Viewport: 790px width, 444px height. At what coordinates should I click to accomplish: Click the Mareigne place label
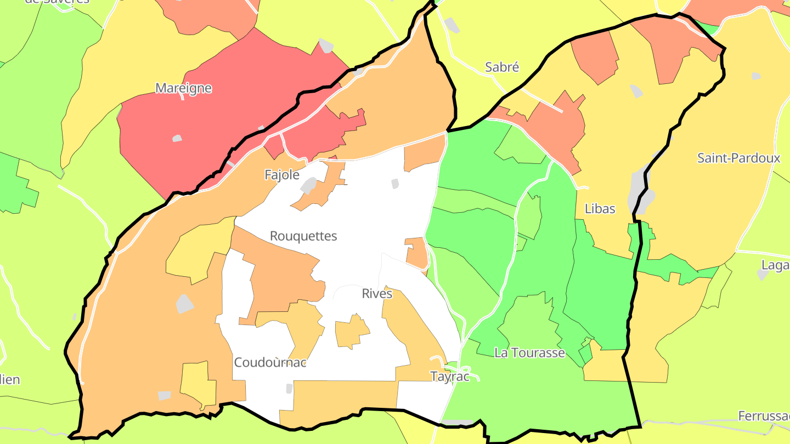point(183,88)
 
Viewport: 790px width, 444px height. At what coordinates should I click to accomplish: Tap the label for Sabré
point(502,67)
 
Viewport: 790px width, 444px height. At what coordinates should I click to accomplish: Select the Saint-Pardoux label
point(738,158)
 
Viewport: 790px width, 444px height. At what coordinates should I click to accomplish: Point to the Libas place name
point(600,209)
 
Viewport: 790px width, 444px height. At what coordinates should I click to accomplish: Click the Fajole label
point(282,175)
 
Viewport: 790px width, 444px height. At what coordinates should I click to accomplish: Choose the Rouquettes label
point(303,236)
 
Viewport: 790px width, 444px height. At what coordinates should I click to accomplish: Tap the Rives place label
point(377,294)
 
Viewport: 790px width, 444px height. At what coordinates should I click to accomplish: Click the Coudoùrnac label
point(270,363)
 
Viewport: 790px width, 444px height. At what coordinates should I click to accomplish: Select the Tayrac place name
point(450,377)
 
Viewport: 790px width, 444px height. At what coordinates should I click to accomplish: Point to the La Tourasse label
point(529,353)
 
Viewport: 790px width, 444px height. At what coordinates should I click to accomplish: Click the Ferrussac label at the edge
point(763,416)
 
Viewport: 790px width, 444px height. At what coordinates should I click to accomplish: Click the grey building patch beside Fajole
point(308,185)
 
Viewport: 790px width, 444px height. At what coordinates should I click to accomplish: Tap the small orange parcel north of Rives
point(416,252)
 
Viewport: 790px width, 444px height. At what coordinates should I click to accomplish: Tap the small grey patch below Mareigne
point(177,139)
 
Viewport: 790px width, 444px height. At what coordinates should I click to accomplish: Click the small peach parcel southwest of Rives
point(351,332)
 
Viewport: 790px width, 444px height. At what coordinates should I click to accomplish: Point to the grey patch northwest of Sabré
point(452,25)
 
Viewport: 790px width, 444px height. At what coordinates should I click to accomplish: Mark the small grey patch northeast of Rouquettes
point(395,184)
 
